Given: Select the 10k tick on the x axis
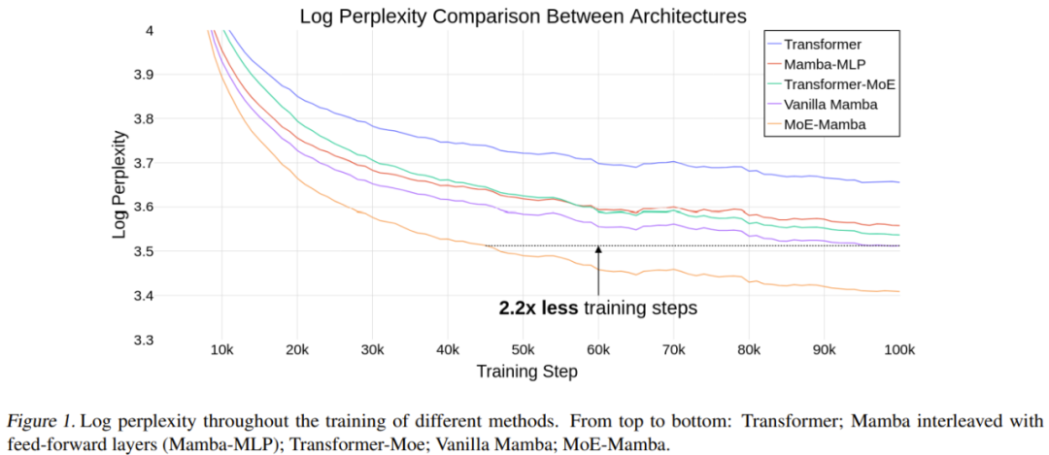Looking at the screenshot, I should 221,349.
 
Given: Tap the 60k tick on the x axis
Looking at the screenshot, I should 598,349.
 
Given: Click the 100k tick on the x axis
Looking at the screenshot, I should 897,349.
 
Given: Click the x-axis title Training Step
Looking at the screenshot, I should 526,371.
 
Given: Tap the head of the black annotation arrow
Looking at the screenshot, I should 598,248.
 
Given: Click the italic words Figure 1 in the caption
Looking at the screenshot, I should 40,422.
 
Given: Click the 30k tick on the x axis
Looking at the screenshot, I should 372,349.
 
